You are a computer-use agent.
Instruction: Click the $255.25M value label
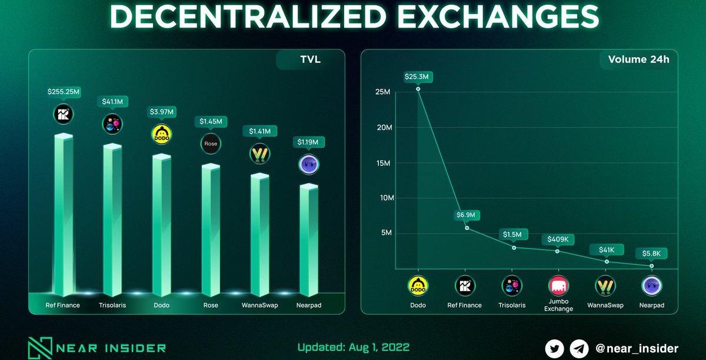[64, 92]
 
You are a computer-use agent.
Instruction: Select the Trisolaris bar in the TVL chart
[112, 218]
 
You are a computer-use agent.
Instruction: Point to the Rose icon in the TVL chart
[211, 144]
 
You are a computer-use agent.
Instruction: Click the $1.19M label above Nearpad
[308, 142]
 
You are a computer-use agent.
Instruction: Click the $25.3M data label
[418, 76]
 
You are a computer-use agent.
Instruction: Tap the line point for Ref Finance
[467, 228]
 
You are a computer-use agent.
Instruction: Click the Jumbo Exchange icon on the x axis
[558, 286]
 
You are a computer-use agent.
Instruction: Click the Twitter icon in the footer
[554, 348]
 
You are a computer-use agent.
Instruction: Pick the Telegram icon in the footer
[579, 348]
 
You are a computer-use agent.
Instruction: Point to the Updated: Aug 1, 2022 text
[353, 347]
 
